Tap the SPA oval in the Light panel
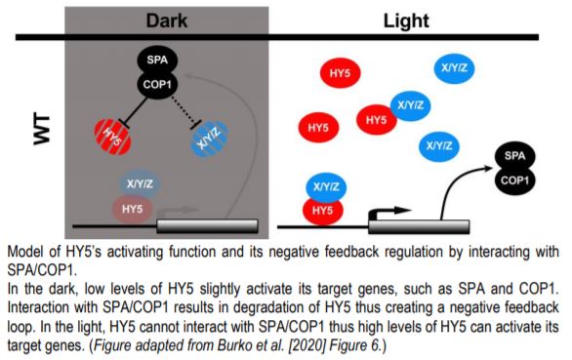coord(517,156)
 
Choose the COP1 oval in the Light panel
coord(517,180)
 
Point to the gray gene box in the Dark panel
coord(207,225)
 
